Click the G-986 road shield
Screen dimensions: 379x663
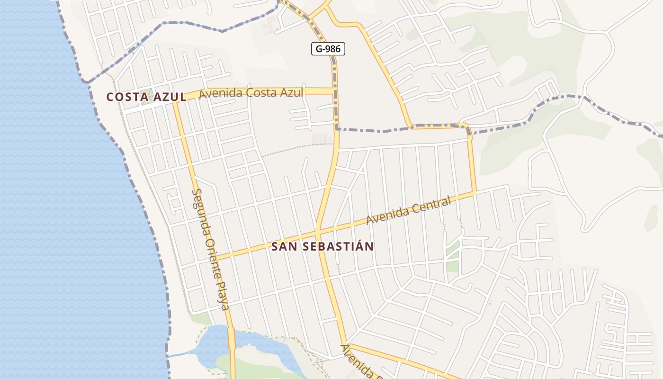(x=328, y=48)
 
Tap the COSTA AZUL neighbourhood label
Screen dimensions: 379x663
(x=146, y=97)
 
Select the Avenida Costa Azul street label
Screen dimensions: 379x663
(x=251, y=93)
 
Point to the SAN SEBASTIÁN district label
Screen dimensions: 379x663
(x=323, y=247)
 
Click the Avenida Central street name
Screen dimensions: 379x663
(x=409, y=211)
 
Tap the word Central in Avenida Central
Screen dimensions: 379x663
(x=431, y=205)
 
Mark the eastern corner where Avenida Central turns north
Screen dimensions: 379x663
(x=474, y=193)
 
